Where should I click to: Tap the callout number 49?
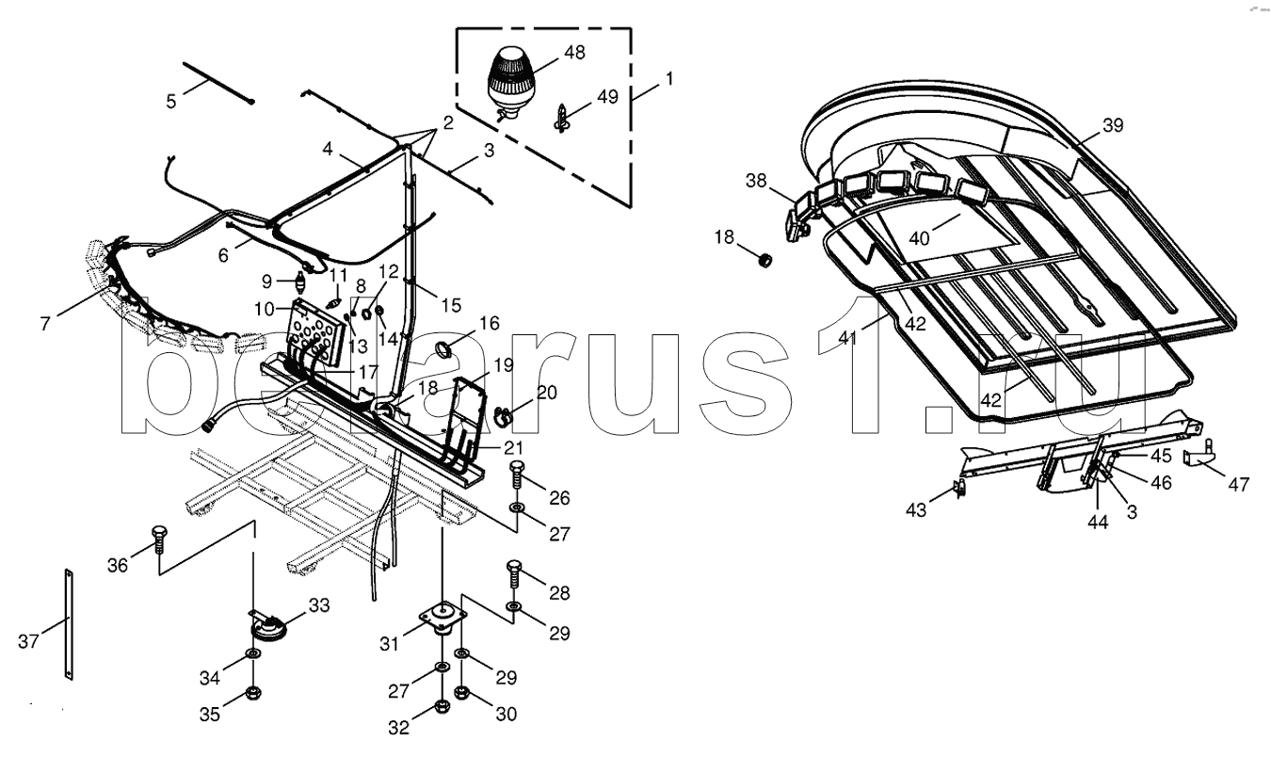pos(607,96)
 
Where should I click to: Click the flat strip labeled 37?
pos(69,624)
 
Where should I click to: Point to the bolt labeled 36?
pos(158,540)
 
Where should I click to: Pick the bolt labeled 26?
pos(517,475)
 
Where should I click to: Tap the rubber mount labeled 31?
pos(442,619)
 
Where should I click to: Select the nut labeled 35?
pos(253,692)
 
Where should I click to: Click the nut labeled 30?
pos(462,692)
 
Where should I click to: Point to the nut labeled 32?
pos(442,706)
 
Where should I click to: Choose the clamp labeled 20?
pos(502,415)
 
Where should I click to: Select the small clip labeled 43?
pos(959,488)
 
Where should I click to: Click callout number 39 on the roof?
pos(1113,125)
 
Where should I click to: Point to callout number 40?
pos(919,238)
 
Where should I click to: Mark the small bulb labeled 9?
pos(300,281)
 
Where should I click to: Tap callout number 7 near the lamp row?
pos(45,324)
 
